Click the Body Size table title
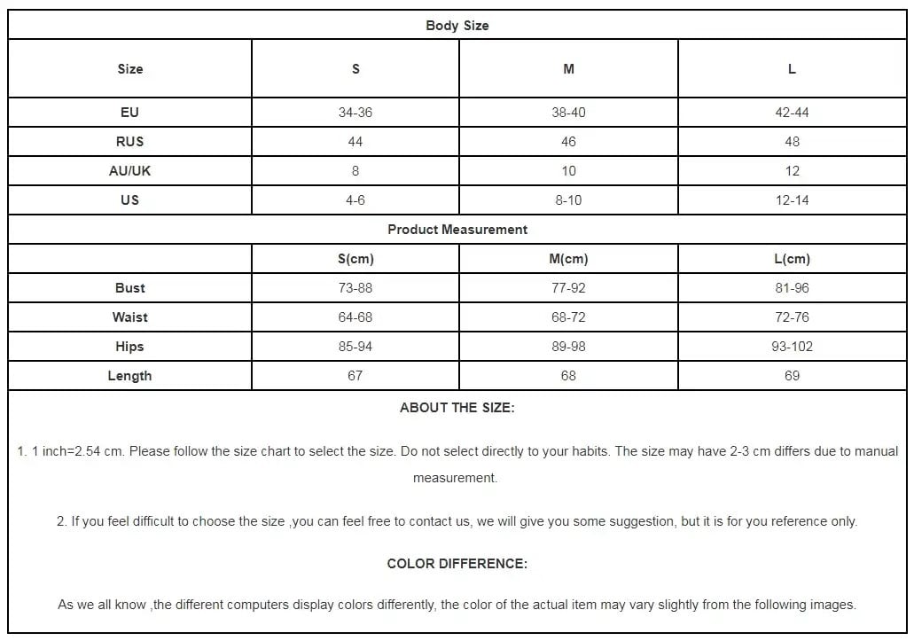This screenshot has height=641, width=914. point(457,26)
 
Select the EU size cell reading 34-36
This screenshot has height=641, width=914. point(355,113)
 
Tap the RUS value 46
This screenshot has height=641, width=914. point(568,142)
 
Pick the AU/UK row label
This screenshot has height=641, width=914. point(129,171)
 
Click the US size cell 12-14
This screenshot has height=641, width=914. point(792,200)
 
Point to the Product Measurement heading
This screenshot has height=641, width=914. point(457,230)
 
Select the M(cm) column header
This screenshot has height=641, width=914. point(568,259)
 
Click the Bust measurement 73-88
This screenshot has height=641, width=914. point(355,288)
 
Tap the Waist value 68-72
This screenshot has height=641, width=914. point(568,317)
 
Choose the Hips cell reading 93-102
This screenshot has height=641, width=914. point(792,347)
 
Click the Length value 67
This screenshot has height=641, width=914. point(355,376)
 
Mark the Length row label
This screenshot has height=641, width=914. point(129,376)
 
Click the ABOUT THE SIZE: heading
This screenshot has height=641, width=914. point(457,409)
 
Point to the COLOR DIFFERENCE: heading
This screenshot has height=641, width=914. point(457,564)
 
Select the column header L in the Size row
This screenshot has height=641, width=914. point(792,69)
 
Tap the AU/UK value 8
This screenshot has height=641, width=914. point(355,171)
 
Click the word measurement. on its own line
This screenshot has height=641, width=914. point(455,478)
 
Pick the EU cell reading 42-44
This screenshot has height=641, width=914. point(792,113)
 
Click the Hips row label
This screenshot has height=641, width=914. point(129,347)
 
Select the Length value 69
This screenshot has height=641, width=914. point(792,376)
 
